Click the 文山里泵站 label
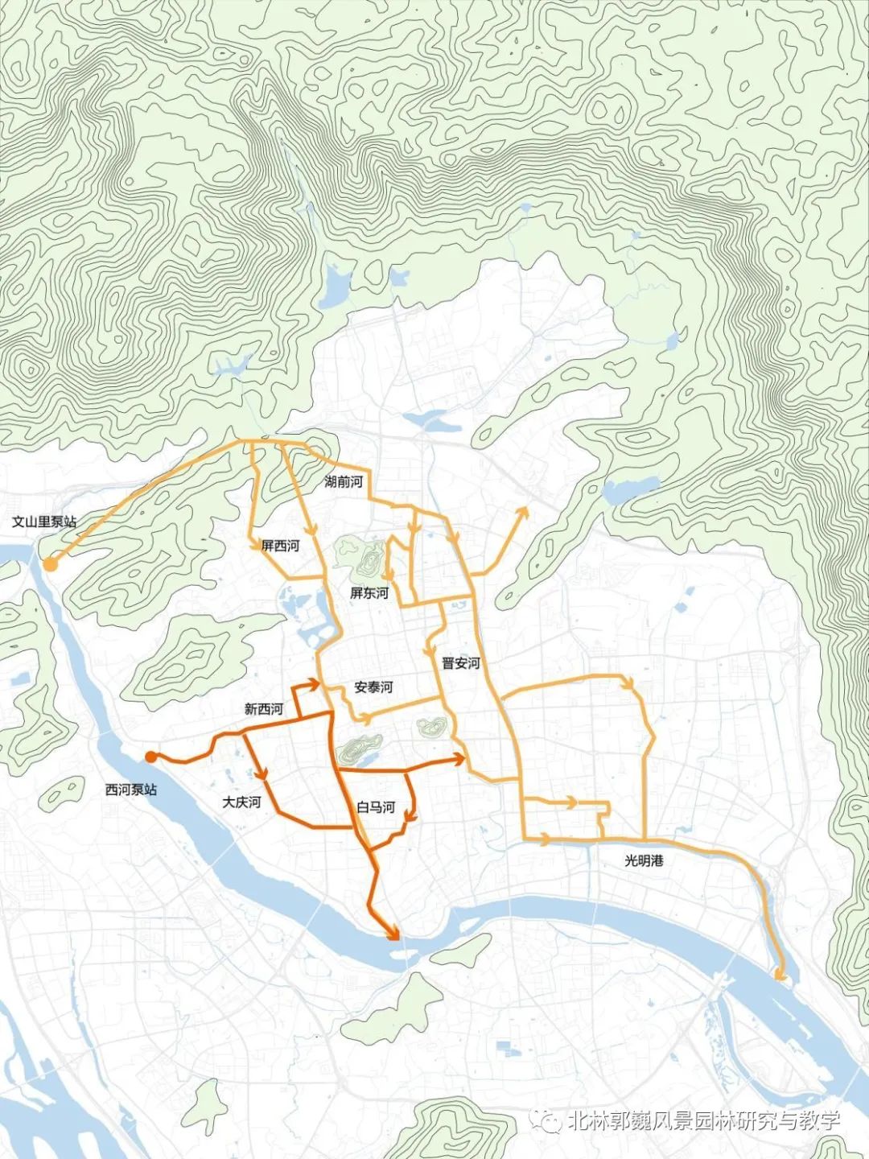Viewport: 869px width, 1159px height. click(x=44, y=522)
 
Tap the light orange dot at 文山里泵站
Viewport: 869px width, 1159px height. click(x=50, y=564)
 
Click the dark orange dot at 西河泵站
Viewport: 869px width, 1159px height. click(x=150, y=756)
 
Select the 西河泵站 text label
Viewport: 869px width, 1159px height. click(x=131, y=790)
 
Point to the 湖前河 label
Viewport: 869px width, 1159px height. click(x=344, y=482)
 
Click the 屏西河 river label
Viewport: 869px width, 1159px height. click(x=280, y=546)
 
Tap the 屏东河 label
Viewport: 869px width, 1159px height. click(x=369, y=593)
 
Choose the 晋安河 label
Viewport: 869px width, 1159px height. click(x=460, y=663)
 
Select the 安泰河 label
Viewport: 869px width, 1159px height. click(x=373, y=687)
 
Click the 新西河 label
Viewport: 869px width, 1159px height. click(x=264, y=709)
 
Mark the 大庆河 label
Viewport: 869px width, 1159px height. click(x=241, y=802)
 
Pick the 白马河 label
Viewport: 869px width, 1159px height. click(x=376, y=807)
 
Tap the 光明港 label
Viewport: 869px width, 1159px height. click(x=645, y=860)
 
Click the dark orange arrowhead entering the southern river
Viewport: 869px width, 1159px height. click(x=394, y=934)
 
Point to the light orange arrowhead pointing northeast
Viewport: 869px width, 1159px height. click(x=521, y=512)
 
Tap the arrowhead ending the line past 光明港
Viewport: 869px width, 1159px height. click(x=778, y=975)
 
